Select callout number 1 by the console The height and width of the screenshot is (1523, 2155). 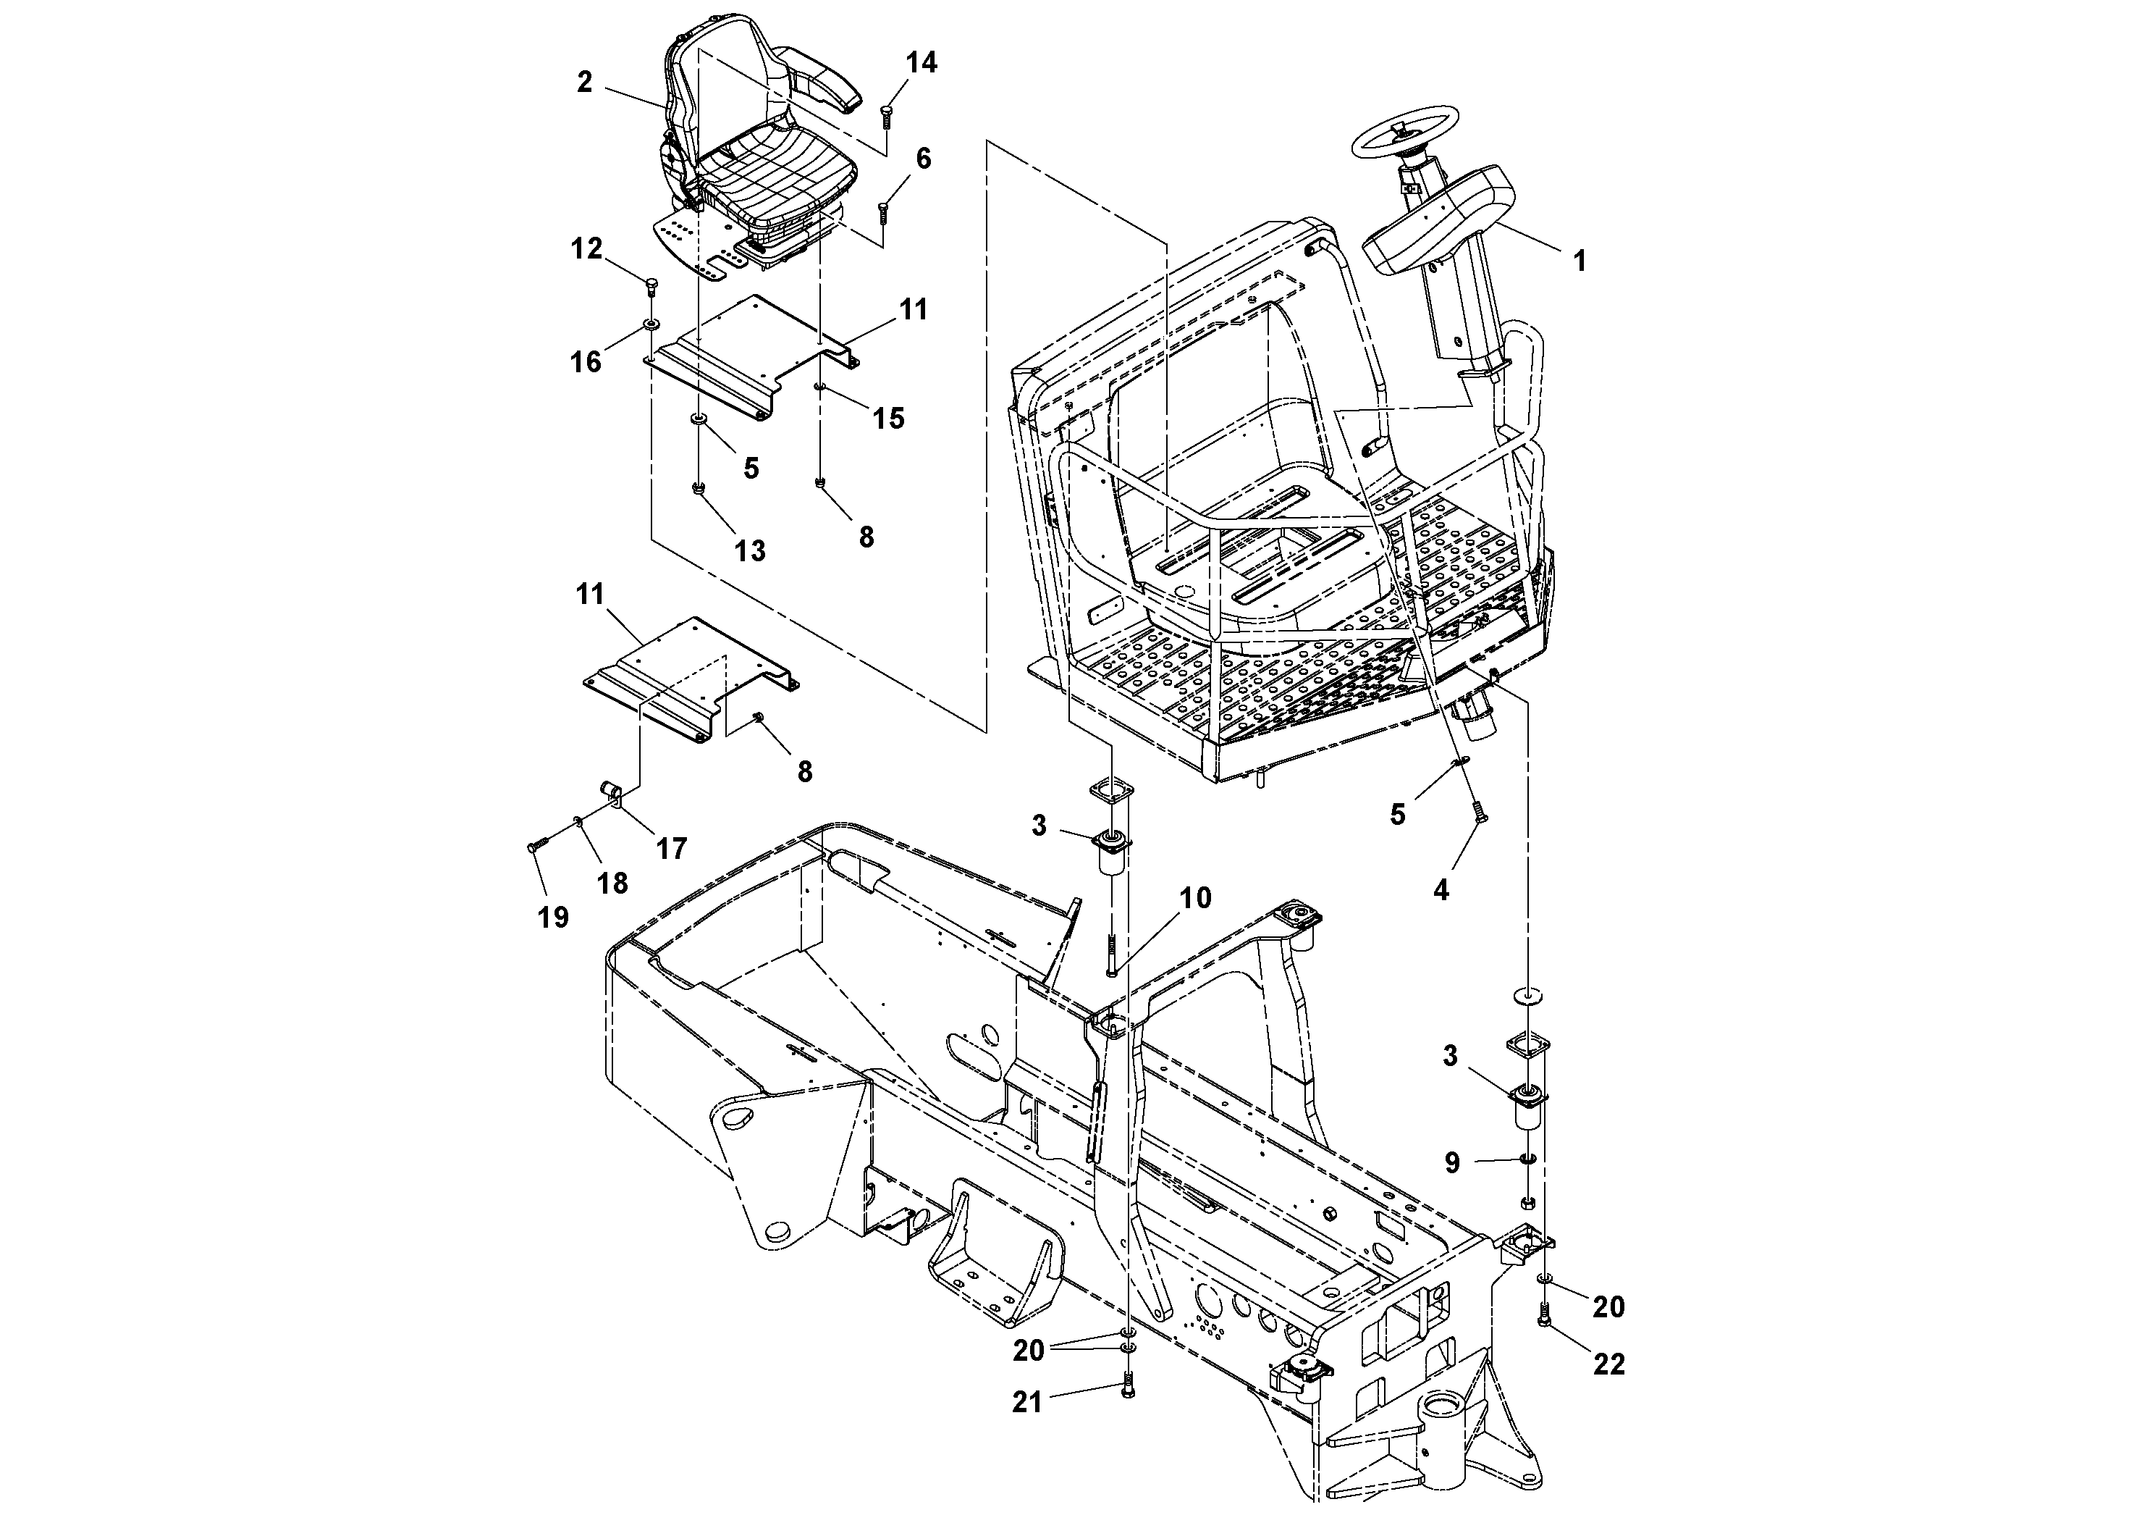1580,261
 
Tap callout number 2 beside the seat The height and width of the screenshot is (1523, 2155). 585,83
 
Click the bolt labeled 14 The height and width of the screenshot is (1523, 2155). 887,117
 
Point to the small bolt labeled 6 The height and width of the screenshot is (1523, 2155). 884,213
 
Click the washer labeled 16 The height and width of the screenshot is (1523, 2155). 649,326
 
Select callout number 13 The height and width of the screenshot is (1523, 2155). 750,550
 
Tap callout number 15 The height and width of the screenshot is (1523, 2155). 888,418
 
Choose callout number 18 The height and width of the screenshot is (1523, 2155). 612,883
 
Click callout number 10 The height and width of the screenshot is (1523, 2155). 1195,897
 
